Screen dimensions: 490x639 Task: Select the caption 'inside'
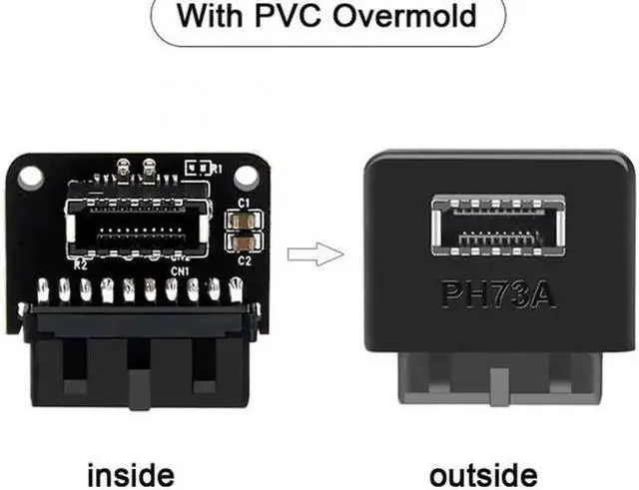tap(132, 474)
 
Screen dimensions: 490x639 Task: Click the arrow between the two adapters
tap(310, 252)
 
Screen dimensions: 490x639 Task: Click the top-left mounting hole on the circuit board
tap(30, 176)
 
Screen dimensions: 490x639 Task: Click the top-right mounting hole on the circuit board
tap(246, 176)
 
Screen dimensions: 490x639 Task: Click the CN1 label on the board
tap(181, 269)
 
